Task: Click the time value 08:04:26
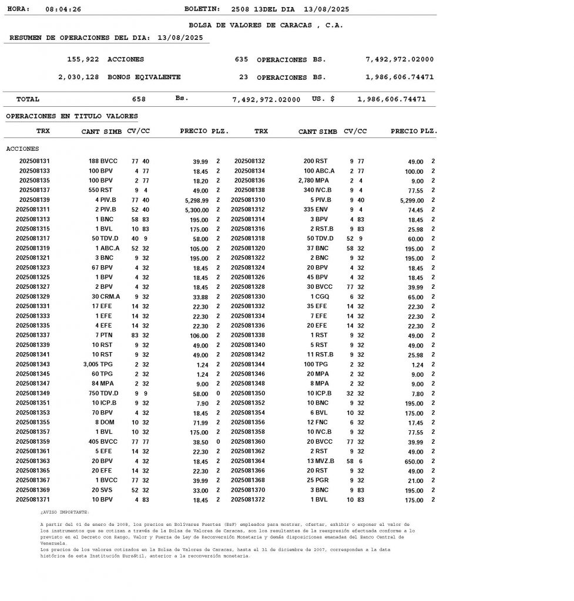point(63,9)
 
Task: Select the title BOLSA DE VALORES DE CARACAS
point(266,25)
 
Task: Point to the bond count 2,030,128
point(79,77)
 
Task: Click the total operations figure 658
point(139,99)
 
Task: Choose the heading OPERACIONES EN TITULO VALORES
point(72,116)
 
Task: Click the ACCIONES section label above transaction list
point(22,149)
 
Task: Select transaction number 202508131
point(35,161)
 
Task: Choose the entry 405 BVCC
point(103,441)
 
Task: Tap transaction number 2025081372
point(248,499)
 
